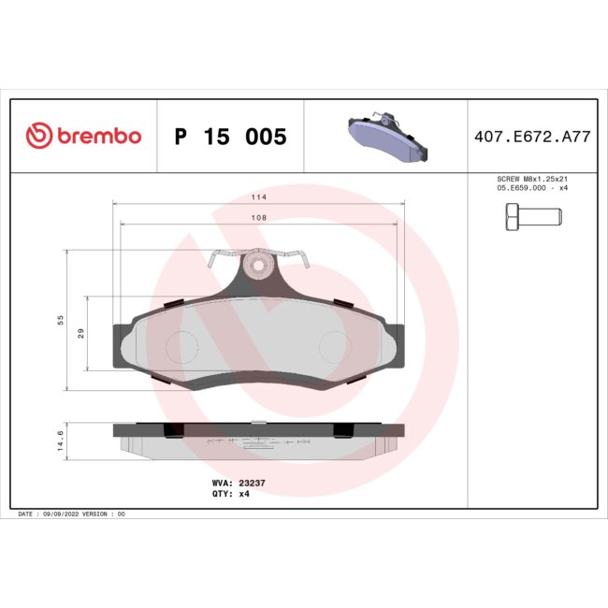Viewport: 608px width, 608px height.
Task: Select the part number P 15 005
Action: (230, 138)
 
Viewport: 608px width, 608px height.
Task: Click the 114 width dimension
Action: (258, 197)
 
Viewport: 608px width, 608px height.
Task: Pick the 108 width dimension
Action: (258, 217)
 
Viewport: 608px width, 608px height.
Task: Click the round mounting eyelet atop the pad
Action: (256, 267)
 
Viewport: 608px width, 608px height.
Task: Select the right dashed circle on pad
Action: (332, 347)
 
